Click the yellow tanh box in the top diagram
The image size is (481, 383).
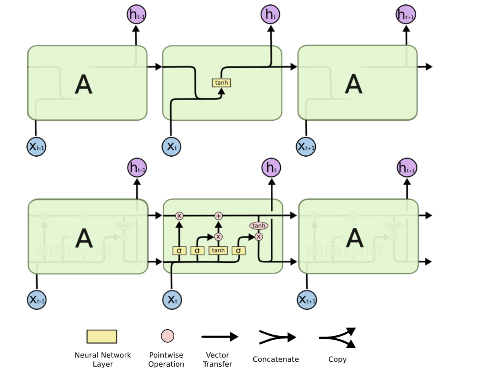pyautogui.click(x=221, y=83)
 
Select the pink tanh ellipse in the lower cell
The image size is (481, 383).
pyautogui.click(x=258, y=226)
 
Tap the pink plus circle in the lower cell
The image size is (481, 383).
pyautogui.click(x=218, y=216)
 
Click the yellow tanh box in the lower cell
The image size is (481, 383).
pyautogui.click(x=218, y=251)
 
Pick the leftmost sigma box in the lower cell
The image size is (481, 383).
pyautogui.click(x=179, y=251)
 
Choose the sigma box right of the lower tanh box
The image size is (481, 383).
pyautogui.click(x=238, y=251)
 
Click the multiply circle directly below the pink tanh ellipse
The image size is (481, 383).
pyautogui.click(x=259, y=236)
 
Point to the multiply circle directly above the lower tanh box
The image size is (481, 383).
pyautogui.click(x=218, y=236)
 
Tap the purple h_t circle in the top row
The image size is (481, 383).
pyautogui.click(x=270, y=15)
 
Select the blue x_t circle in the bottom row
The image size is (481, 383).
pyautogui.click(x=172, y=300)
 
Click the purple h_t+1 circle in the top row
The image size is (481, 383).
pyautogui.click(x=406, y=15)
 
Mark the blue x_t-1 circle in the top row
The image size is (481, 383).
pyautogui.click(x=36, y=147)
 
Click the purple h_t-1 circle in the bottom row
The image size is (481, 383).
pyautogui.click(x=137, y=168)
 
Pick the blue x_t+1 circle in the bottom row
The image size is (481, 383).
pyautogui.click(x=307, y=300)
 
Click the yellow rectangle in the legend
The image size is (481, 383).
pyautogui.click(x=102, y=337)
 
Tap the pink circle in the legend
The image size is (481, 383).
pyautogui.click(x=168, y=336)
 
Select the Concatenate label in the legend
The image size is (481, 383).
pyautogui.click(x=275, y=359)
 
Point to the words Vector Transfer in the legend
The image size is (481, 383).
pyautogui.click(x=217, y=359)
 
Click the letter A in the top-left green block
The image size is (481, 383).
pyautogui.click(x=84, y=84)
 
